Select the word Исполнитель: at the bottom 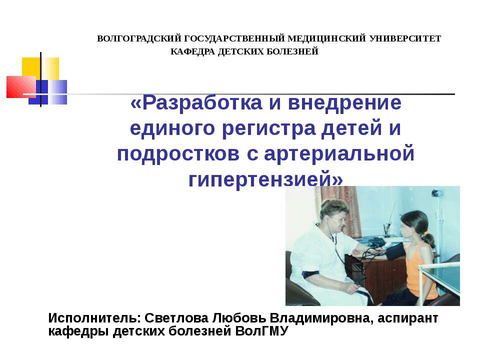click(x=94, y=318)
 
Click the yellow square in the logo click(x=41, y=68)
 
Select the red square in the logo click(x=20, y=86)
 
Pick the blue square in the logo click(x=48, y=92)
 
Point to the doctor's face click(x=336, y=215)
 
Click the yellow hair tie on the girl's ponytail click(x=426, y=232)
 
